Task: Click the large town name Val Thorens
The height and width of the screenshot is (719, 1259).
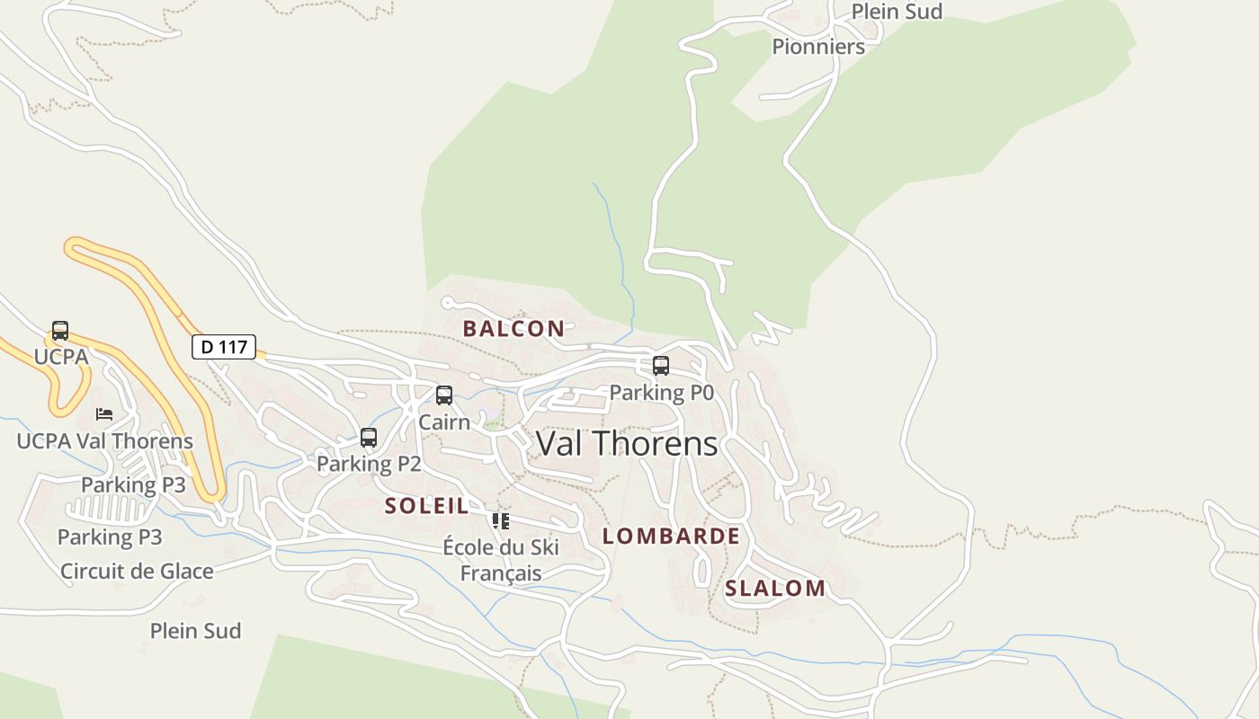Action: pyautogui.click(x=627, y=443)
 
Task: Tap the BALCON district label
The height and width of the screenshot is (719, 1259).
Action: pyautogui.click(x=513, y=329)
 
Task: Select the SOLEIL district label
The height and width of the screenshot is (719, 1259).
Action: pyautogui.click(x=427, y=506)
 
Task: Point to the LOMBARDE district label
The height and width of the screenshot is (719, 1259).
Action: pyautogui.click(x=671, y=537)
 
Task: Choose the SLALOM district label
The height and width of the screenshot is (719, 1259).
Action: pyautogui.click(x=775, y=589)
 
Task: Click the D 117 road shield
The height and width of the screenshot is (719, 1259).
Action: pyautogui.click(x=224, y=347)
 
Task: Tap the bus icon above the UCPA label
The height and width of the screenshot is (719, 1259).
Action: pyautogui.click(x=60, y=331)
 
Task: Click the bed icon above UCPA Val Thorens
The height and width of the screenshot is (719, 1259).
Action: pyautogui.click(x=104, y=414)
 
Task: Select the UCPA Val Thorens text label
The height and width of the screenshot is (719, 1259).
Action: pyautogui.click(x=104, y=441)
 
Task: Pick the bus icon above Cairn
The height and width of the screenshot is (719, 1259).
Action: pyautogui.click(x=444, y=395)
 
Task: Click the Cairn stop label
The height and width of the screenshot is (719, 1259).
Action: pyautogui.click(x=444, y=422)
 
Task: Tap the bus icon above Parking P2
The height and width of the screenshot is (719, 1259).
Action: pyautogui.click(x=369, y=438)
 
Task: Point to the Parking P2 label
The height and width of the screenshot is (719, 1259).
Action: pyautogui.click(x=369, y=464)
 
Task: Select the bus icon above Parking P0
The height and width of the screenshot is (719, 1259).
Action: pyautogui.click(x=661, y=366)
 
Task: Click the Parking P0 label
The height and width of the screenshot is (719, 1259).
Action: pyautogui.click(x=661, y=393)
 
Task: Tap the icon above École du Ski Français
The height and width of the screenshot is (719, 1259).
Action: pyautogui.click(x=501, y=521)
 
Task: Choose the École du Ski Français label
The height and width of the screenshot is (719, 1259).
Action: pyautogui.click(x=501, y=560)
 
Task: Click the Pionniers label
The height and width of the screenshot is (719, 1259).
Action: pyautogui.click(x=818, y=47)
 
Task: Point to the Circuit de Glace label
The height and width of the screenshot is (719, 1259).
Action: pyautogui.click(x=137, y=572)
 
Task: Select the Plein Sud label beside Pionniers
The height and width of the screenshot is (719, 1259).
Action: pyautogui.click(x=897, y=12)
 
